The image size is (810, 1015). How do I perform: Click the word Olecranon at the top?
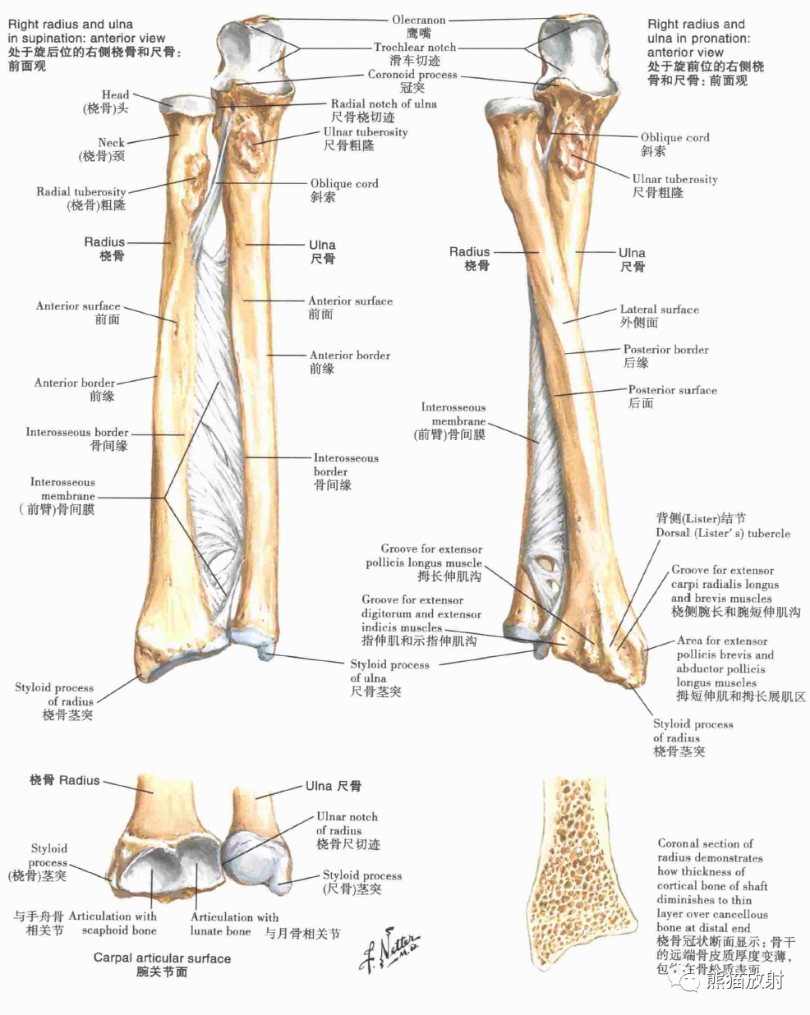click(x=418, y=20)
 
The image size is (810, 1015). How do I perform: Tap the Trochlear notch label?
click(x=415, y=48)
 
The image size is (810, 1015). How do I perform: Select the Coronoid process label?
click(x=412, y=75)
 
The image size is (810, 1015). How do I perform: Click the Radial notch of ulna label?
click(x=384, y=104)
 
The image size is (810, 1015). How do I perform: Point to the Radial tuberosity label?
click(x=81, y=192)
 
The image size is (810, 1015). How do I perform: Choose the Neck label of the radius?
click(x=111, y=143)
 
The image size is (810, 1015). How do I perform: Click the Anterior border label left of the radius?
click(x=75, y=383)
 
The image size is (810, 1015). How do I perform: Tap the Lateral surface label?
click(x=659, y=310)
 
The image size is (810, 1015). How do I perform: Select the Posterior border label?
click(x=665, y=350)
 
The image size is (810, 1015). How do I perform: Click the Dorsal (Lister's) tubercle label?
click(x=722, y=533)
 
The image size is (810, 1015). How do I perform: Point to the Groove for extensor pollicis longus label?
click(x=425, y=556)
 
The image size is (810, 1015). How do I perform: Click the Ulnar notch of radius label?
click(x=347, y=824)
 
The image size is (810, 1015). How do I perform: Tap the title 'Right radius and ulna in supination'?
click(x=85, y=31)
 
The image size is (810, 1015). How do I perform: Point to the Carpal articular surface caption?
click(x=162, y=958)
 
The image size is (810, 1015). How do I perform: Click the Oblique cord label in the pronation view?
click(x=674, y=138)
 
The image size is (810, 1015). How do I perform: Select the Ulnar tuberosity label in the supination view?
click(x=365, y=132)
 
